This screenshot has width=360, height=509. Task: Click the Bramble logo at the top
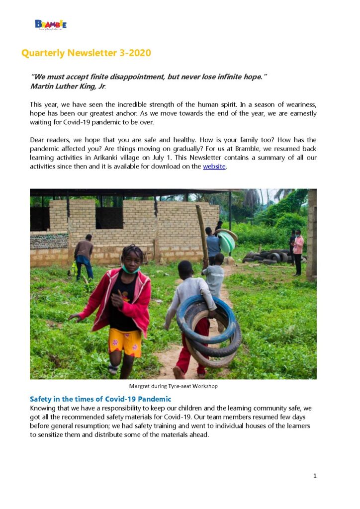[x=50, y=24]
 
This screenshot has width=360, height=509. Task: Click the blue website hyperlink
[x=214, y=167]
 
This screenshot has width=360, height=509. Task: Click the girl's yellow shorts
[x=125, y=341]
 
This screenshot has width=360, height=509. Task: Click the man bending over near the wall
[x=84, y=255]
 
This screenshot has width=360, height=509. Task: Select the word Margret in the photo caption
[x=140, y=386]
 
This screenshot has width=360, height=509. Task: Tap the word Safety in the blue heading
[x=42, y=399]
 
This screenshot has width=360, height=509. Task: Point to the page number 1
[x=315, y=476]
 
